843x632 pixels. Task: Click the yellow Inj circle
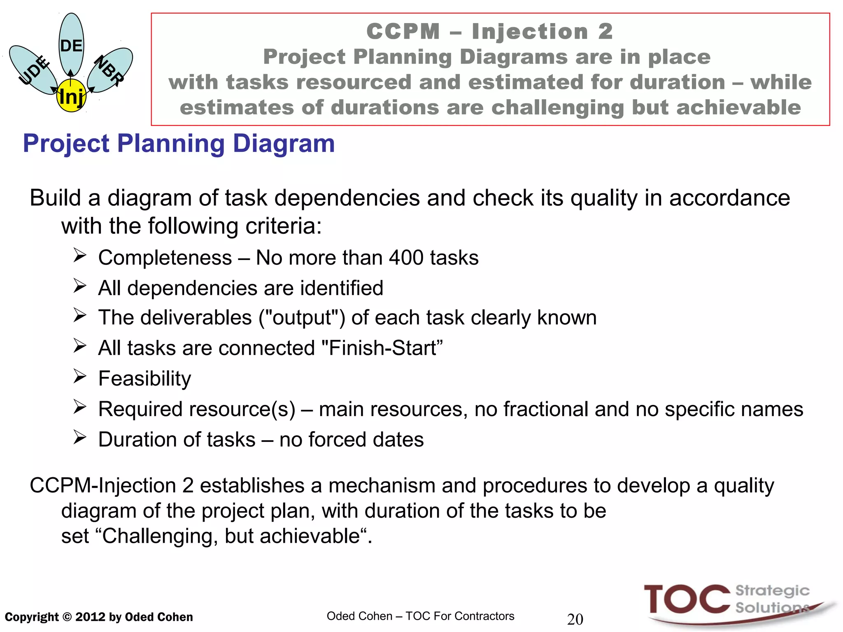pos(71,97)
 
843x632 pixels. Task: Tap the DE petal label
pos(71,46)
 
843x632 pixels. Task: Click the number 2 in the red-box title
pos(605,32)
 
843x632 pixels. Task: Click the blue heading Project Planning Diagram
pos(179,144)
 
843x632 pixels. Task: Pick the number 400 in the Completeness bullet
pos(406,258)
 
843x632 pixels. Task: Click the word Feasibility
pos(144,379)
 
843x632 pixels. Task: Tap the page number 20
pos(575,619)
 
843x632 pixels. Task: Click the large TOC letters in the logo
pos(687,599)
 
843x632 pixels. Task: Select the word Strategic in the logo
pos(772,591)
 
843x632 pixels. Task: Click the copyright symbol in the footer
pos(67,617)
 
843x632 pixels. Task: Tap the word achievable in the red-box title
pos(738,107)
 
